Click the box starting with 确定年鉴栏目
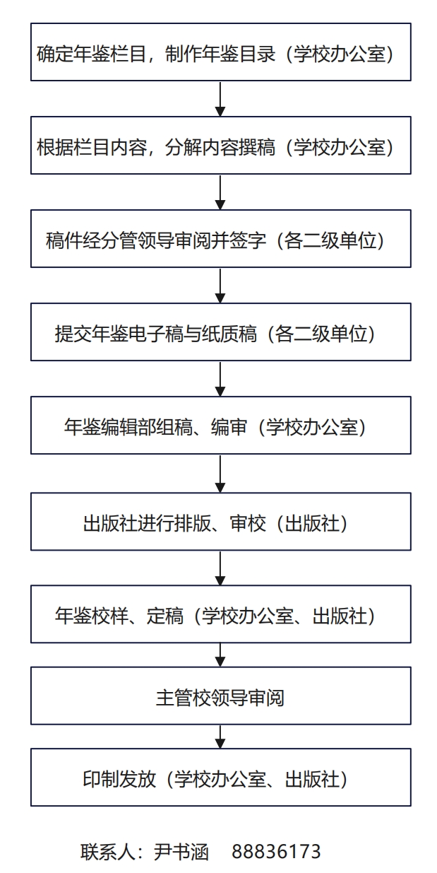pos(221,52)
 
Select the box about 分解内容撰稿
pos(221,145)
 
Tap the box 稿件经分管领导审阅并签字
pos(221,238)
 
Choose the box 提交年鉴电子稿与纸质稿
pos(221,332)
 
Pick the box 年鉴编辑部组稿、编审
pos(221,426)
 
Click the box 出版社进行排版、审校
pos(221,522)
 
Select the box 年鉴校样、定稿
pos(221,614)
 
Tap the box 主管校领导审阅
pos(221,696)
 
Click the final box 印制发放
pos(221,777)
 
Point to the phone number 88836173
pos(276,852)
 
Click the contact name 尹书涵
pos(181,852)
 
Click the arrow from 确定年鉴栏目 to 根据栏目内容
pos(220,98)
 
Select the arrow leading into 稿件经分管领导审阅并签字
pos(220,192)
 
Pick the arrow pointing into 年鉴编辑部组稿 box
pos(220,378)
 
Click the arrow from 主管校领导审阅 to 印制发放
pos(220,737)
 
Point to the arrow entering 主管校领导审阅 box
pos(220,655)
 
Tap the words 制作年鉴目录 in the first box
pos(220,54)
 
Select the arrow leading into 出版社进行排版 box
pos(220,474)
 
